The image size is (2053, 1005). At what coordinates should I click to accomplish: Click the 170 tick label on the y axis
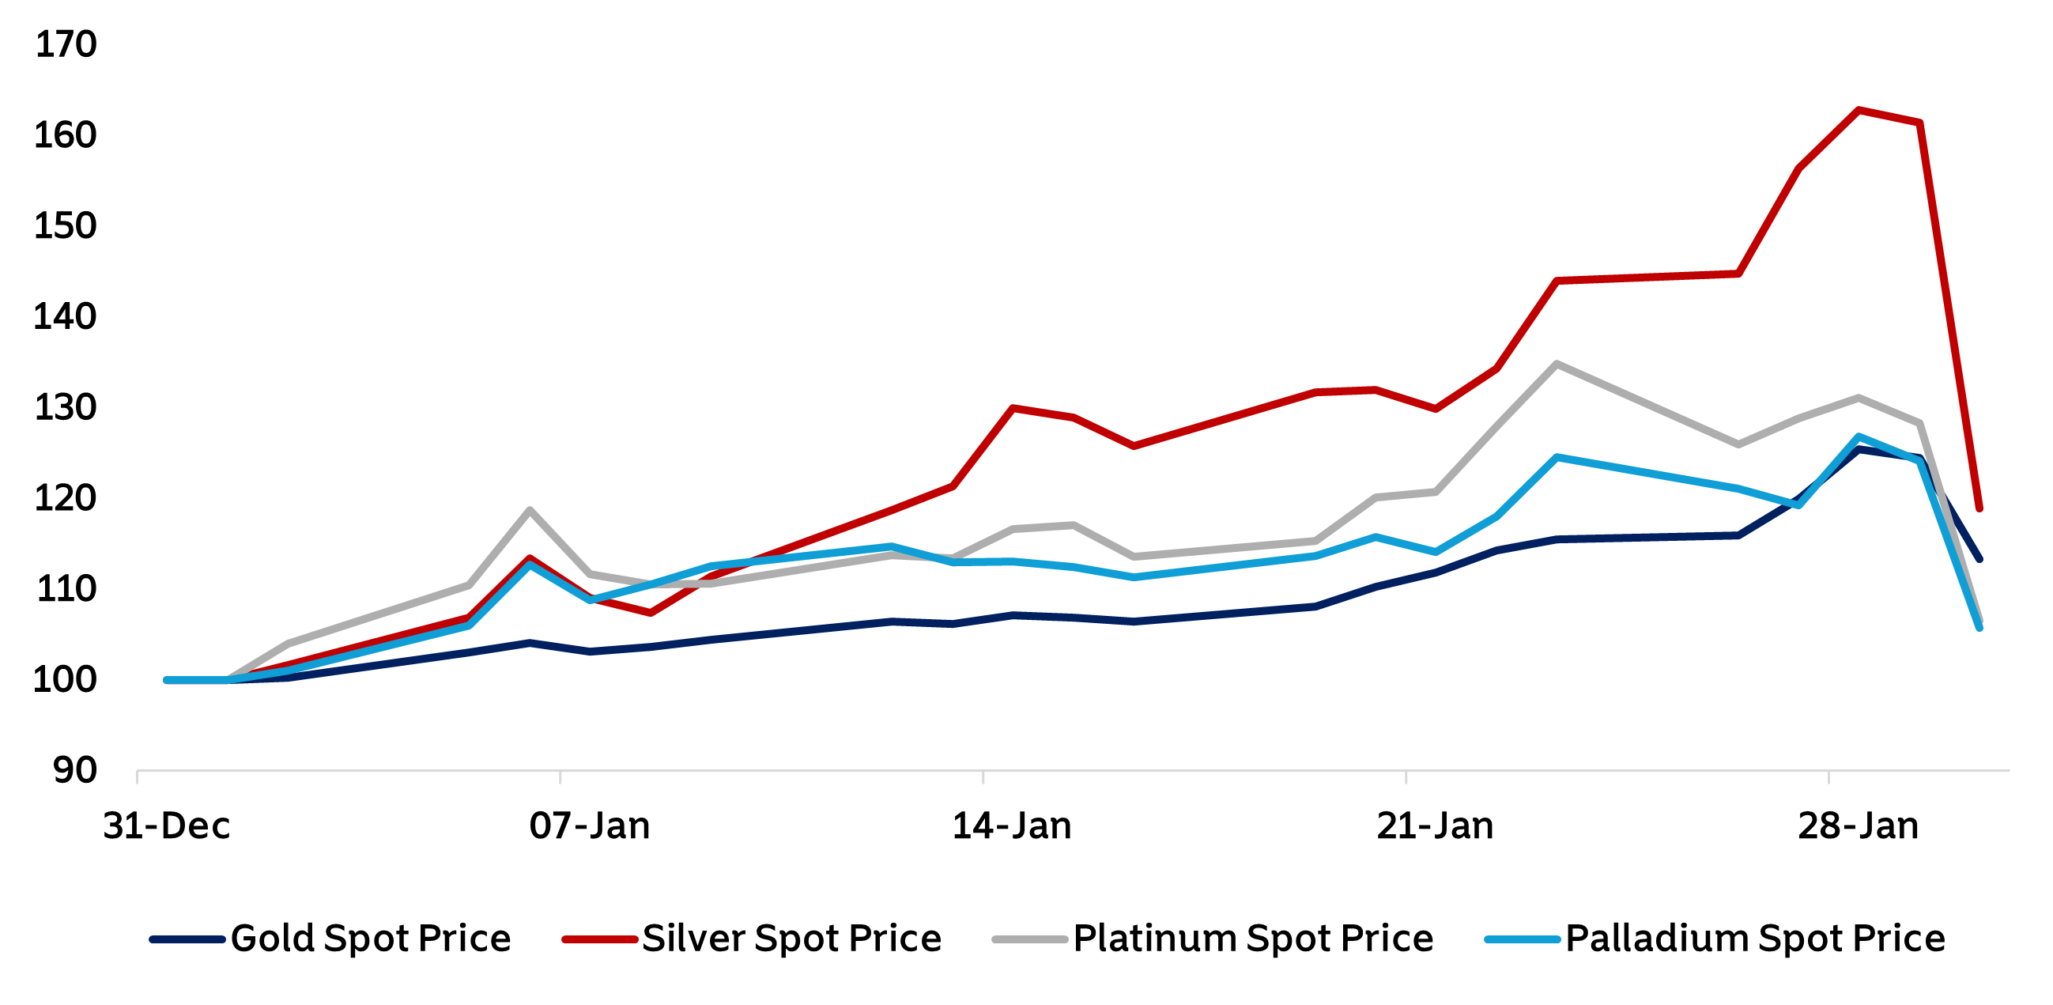coord(66,44)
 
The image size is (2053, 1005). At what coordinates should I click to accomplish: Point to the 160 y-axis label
coord(66,135)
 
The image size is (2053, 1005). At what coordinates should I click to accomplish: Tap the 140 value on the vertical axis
coord(66,317)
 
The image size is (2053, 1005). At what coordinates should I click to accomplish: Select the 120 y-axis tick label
coord(66,498)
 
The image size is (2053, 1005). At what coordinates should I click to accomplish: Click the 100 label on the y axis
coord(66,680)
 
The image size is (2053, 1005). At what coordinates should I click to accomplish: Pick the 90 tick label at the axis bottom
coord(75,771)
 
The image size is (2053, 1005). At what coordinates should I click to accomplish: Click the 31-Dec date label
coord(167,826)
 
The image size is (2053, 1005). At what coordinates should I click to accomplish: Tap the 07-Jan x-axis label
coord(590,826)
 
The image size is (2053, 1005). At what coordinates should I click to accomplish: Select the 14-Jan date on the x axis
coord(1012,826)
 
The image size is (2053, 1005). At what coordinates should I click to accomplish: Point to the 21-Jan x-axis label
coord(1436,826)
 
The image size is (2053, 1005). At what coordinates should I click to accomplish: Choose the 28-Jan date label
coord(1859,826)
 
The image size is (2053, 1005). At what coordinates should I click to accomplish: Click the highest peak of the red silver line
coord(1859,110)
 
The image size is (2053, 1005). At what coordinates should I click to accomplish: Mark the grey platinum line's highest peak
coord(1557,364)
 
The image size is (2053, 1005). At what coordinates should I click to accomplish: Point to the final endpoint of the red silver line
coord(1979,508)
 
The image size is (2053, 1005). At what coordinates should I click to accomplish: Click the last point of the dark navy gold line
coord(1979,560)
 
